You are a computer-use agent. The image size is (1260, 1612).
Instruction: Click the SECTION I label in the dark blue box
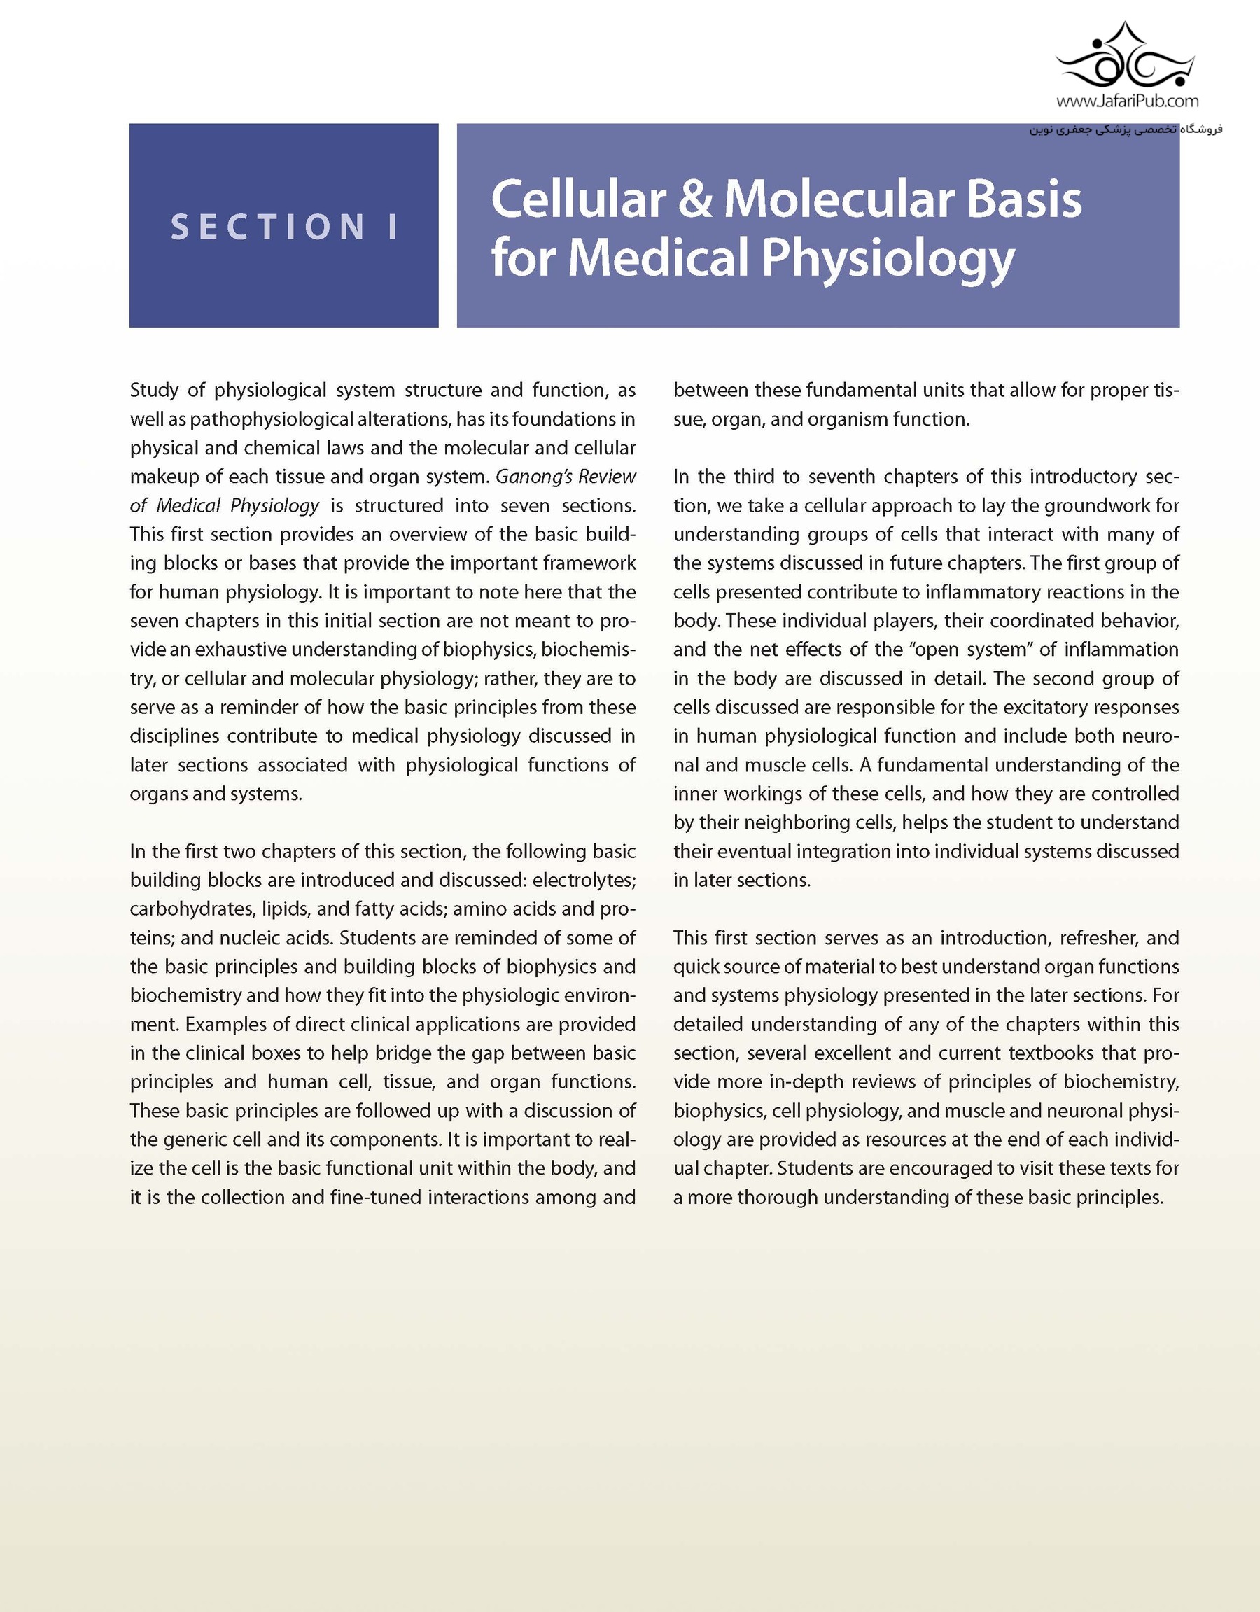(284, 227)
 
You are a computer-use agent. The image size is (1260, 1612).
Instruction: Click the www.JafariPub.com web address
(1127, 100)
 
